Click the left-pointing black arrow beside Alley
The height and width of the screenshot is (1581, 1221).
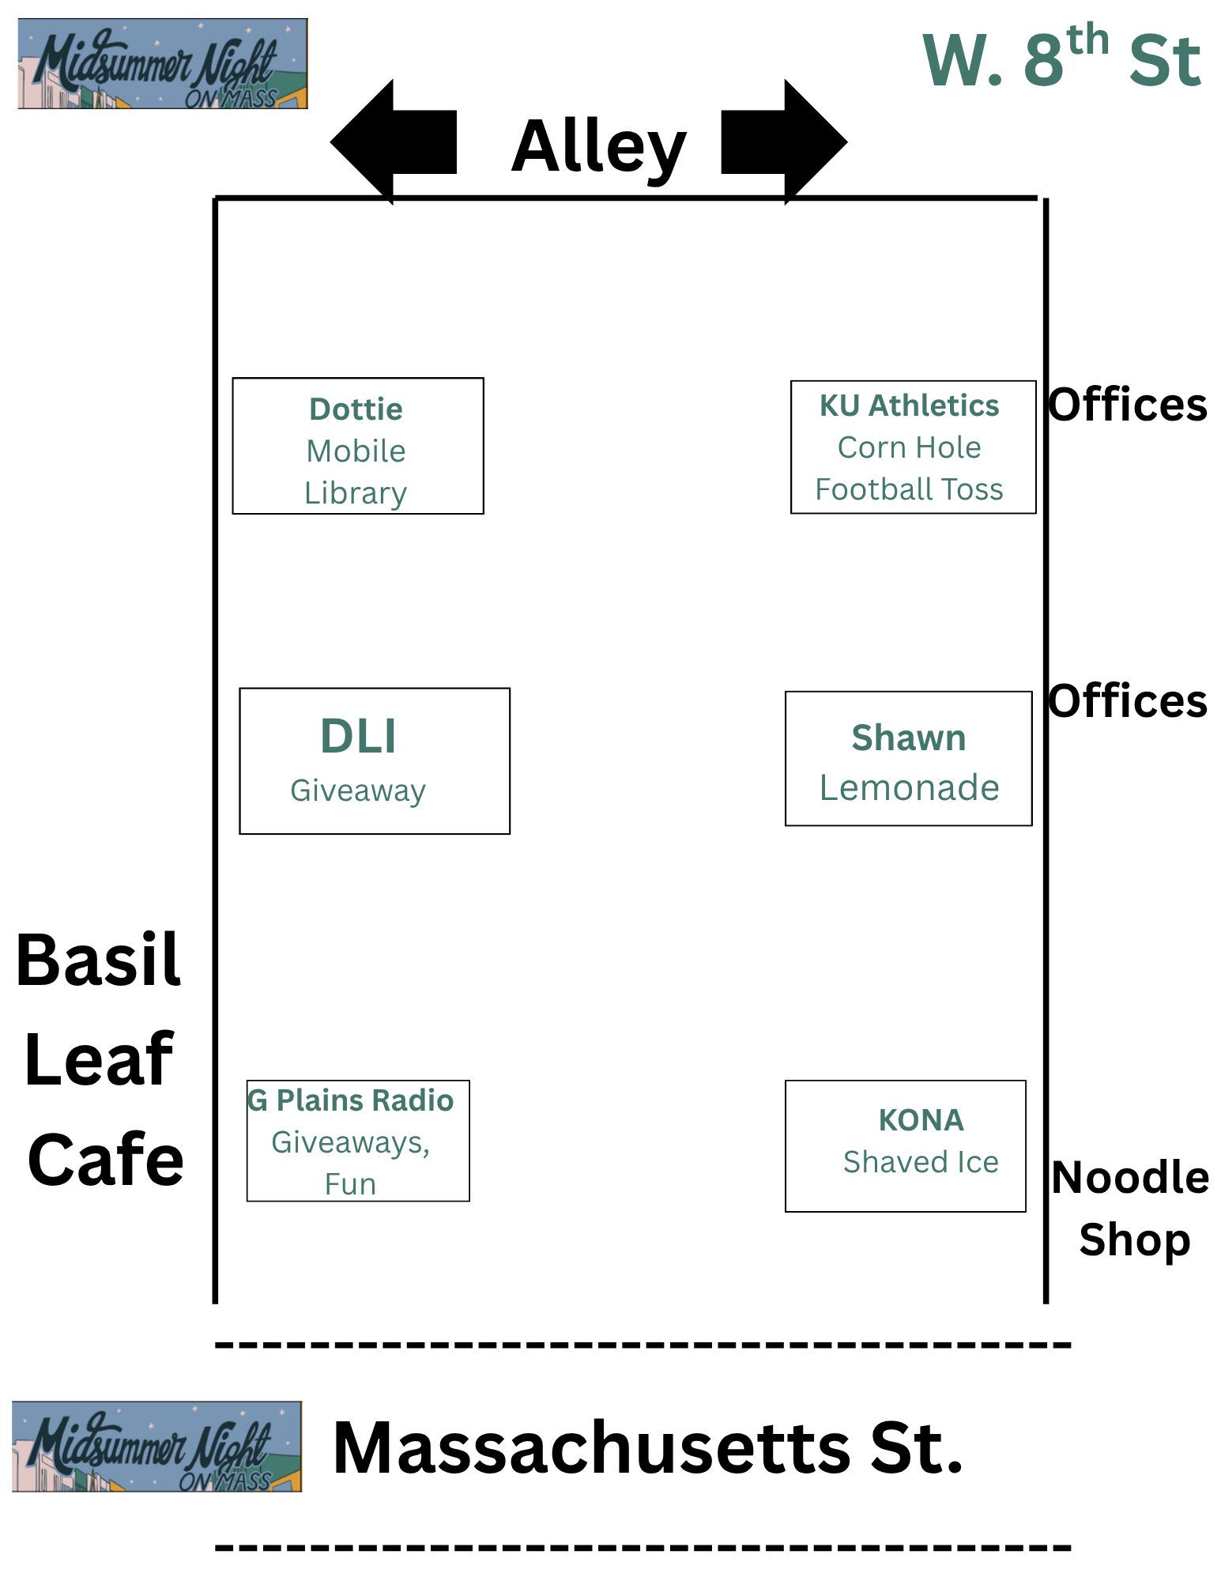[393, 142]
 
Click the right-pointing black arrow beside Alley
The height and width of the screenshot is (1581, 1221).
[785, 142]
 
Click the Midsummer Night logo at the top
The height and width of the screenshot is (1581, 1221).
[162, 64]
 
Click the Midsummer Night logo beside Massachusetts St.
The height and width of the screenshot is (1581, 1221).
[156, 1447]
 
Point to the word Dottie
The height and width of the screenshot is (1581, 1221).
[356, 409]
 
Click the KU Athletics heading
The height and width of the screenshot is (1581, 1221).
[909, 406]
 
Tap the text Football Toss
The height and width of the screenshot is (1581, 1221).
[909, 489]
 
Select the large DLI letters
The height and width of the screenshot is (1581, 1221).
[358, 736]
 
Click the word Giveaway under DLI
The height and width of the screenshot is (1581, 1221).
[358, 790]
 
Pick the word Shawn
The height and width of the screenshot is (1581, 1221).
[909, 738]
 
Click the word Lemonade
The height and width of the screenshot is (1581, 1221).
[909, 787]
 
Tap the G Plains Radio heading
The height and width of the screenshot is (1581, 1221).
[351, 1100]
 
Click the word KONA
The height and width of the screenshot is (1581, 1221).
[921, 1120]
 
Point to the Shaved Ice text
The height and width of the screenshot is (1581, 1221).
[921, 1162]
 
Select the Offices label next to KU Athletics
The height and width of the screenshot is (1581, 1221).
[1127, 405]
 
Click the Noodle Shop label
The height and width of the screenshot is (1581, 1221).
[1132, 1208]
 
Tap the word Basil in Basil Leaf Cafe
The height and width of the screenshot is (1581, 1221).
[99, 960]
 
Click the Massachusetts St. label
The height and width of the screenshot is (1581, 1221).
[648, 1448]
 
